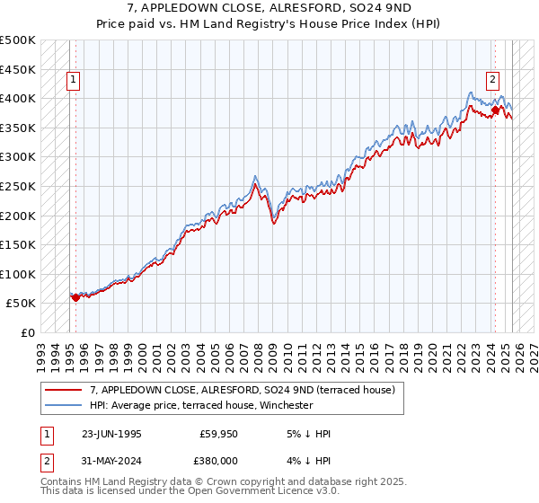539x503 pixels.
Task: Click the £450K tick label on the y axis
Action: tap(18, 69)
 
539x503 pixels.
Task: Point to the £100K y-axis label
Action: tap(18, 274)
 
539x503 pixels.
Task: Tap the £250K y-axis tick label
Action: tap(18, 186)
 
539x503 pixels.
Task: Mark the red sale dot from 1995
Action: tap(75, 297)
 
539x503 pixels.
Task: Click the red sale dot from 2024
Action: tap(495, 110)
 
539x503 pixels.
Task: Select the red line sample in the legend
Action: tap(66, 390)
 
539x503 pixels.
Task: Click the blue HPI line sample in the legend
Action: tap(66, 405)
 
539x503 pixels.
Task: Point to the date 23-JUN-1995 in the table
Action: tap(111, 434)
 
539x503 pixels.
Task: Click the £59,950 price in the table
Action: tap(218, 434)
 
